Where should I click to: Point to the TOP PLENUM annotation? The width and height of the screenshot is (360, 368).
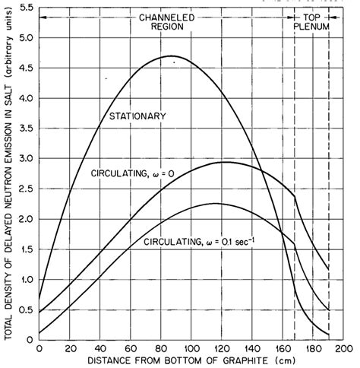tap(311, 21)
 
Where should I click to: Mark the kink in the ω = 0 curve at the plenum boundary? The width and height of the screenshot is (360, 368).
tap(295, 197)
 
